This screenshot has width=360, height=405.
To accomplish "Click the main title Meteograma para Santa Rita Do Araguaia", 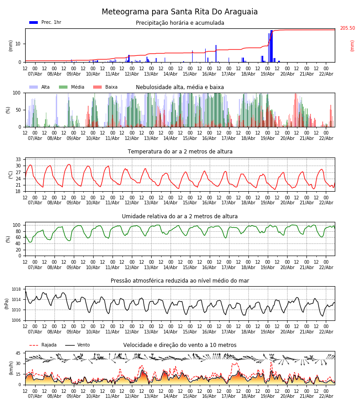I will [x=180, y=12].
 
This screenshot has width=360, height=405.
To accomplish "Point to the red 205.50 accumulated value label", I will [x=347, y=28].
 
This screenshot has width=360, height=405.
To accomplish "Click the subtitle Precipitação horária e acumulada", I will [x=180, y=23].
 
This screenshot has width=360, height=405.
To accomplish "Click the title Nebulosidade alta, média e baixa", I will [x=180, y=87].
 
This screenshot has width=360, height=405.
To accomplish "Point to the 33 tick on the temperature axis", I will [x=18, y=160].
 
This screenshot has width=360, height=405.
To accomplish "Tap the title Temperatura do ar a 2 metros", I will [x=180, y=152].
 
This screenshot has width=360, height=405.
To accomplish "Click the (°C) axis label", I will [x=10, y=175].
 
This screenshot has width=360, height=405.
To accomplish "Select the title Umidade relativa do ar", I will [x=180, y=216].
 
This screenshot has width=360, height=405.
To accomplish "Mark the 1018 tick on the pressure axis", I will [x=17, y=289].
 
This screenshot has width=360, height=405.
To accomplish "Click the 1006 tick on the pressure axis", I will [x=17, y=320].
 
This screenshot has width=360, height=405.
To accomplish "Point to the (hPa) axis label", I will [x=7, y=304].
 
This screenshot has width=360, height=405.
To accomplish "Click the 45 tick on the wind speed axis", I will [x=18, y=353].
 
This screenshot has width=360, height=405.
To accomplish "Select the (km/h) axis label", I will [x=10, y=368].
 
